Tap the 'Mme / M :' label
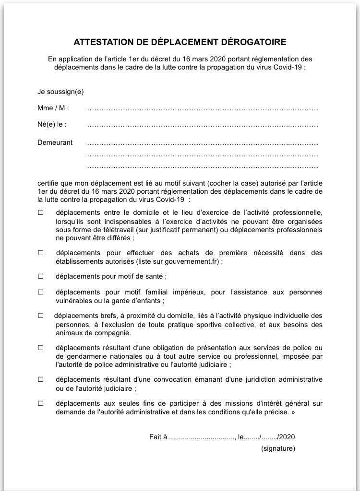(x=53, y=108)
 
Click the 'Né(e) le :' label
(x=52, y=124)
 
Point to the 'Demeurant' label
(x=55, y=142)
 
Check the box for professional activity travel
(x=41, y=212)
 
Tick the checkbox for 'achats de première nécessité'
(x=41, y=253)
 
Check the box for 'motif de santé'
(x=41, y=276)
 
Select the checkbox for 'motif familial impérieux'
(x=41, y=292)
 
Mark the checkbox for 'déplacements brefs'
(x=41, y=316)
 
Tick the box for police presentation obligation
(x=41, y=347)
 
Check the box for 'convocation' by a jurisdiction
(x=41, y=379)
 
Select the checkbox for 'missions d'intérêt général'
(x=41, y=403)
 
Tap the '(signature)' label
(x=278, y=449)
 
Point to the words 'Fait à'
(x=158, y=437)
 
